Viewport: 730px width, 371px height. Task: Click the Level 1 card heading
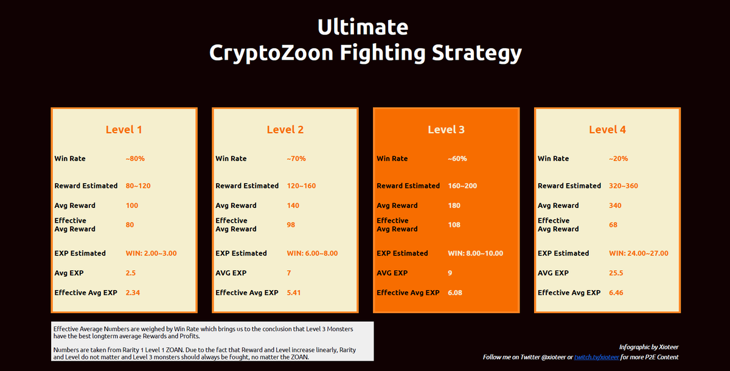click(123, 130)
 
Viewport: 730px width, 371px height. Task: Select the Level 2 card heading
click(285, 130)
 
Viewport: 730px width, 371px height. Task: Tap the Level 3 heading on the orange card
click(446, 130)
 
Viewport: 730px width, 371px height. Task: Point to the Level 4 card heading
click(607, 130)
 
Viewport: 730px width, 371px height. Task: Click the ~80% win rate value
click(135, 159)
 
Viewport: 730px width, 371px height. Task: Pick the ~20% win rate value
click(618, 159)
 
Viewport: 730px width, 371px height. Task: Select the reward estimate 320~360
click(623, 186)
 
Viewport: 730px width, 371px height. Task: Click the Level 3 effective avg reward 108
click(454, 225)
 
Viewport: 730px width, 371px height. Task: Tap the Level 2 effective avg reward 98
click(291, 225)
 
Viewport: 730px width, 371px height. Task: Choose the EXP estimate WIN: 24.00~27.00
click(638, 254)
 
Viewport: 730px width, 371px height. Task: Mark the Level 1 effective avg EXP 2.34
click(133, 293)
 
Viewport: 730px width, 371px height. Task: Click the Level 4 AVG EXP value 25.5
click(616, 273)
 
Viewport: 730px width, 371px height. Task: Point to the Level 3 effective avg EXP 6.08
click(455, 293)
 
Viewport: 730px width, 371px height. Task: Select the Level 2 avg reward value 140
click(293, 206)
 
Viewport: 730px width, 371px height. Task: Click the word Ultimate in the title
click(363, 27)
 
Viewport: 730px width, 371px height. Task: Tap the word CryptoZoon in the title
click(271, 53)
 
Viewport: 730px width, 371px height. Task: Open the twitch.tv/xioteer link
click(596, 357)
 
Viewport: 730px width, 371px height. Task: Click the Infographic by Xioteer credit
click(648, 347)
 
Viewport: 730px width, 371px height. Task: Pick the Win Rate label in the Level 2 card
click(231, 159)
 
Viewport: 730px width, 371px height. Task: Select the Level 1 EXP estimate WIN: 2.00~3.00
click(151, 254)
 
